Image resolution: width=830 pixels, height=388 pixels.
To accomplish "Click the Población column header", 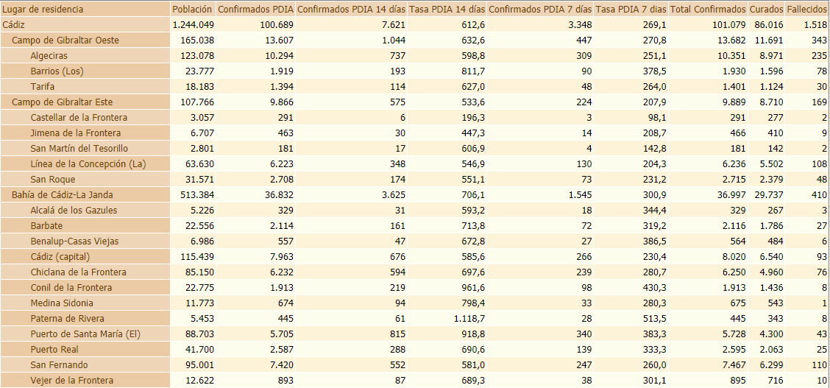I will tap(192, 10).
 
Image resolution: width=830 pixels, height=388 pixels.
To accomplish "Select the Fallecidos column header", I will tap(807, 10).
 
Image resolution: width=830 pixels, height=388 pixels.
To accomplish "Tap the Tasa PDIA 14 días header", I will tap(447, 10).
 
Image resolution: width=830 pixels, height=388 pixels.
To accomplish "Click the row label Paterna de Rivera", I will tap(67, 319).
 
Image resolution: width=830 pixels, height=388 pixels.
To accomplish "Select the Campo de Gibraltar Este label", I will tap(62, 102).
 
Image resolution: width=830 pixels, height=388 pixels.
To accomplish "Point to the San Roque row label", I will tap(53, 180).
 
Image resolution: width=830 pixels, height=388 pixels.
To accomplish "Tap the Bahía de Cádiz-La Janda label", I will tap(62, 195).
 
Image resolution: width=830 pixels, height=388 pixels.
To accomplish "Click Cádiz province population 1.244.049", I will tap(194, 25).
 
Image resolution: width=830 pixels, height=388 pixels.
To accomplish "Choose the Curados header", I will tap(766, 10).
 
